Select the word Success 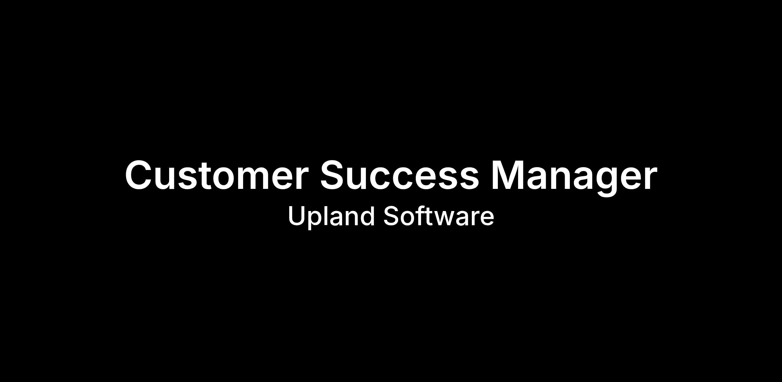coord(399,175)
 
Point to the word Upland coord(331,217)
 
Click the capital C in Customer coord(139,175)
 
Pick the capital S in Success coord(333,175)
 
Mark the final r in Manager coord(650,178)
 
